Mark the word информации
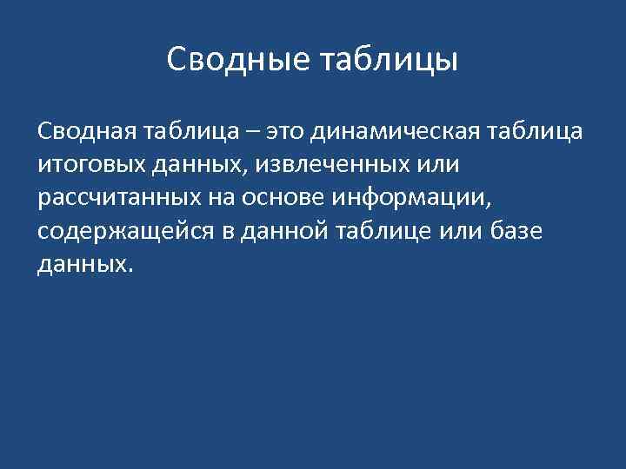pos(408,197)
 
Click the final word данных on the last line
pos(83,264)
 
